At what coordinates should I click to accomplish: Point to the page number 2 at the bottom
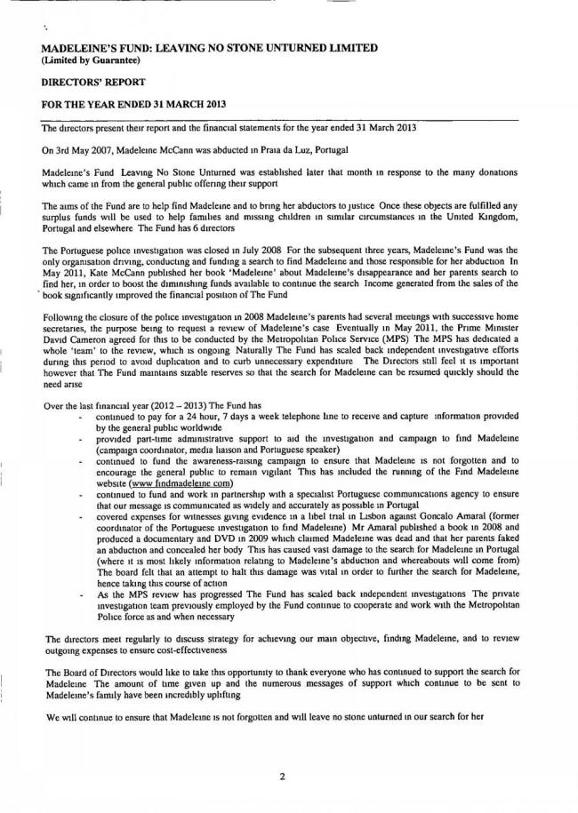282,776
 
